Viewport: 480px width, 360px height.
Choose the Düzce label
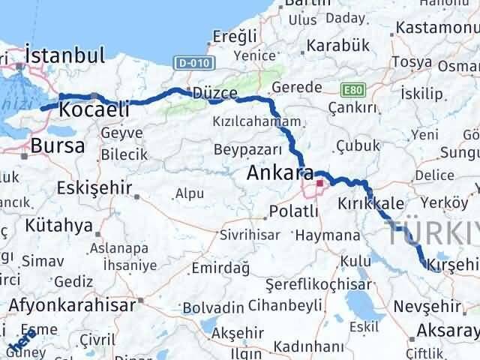tap(214, 94)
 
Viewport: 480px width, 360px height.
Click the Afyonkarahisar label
tap(73, 305)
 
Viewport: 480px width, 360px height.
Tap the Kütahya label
tap(58, 225)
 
